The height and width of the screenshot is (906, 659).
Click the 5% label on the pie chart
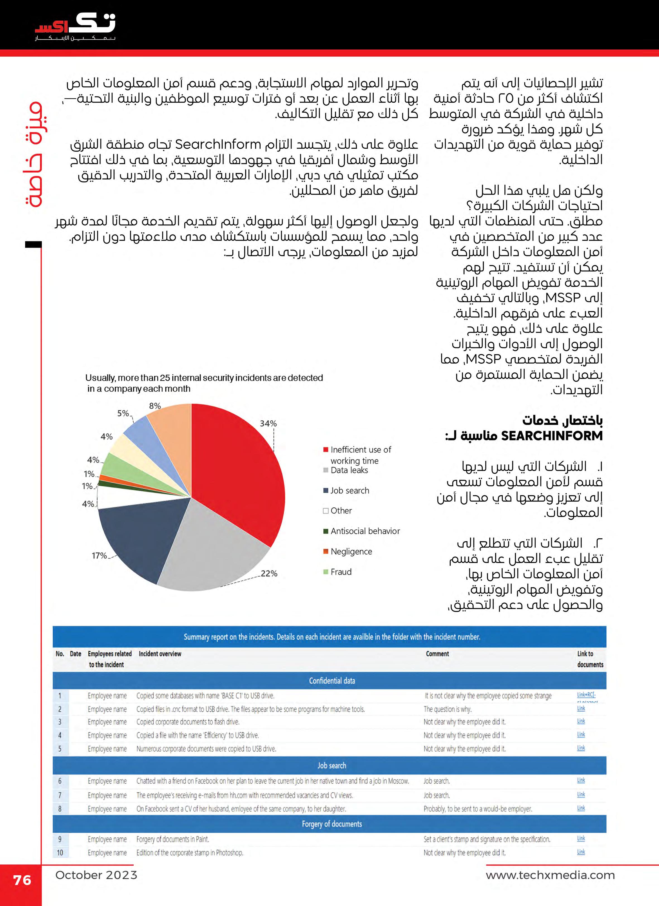pos(123,413)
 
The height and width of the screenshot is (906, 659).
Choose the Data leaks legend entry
pos(349,470)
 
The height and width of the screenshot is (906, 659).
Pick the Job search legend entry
pos(350,491)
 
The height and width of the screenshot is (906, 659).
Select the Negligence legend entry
pos(351,552)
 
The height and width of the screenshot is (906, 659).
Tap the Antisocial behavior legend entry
pos(365,531)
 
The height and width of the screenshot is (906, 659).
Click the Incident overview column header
pos(160,654)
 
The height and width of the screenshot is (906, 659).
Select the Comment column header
pos(437,654)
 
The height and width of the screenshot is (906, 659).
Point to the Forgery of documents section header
pos(332,824)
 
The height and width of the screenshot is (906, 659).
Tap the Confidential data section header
pos(332,681)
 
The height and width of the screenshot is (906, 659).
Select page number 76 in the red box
pos(22,880)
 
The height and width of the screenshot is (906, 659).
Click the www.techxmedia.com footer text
pos(550,875)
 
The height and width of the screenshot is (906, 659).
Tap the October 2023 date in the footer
pos(96,875)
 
